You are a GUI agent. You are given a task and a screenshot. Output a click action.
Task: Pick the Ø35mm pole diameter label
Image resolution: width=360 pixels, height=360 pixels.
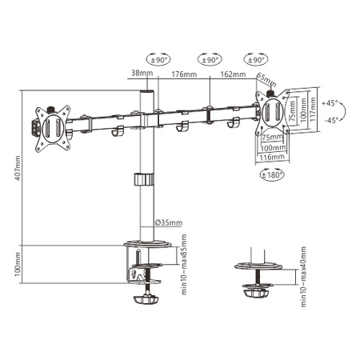169,222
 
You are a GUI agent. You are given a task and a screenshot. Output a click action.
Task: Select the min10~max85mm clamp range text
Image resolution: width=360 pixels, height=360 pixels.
183,264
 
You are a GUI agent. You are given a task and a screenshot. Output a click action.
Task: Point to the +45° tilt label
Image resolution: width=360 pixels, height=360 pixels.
330,104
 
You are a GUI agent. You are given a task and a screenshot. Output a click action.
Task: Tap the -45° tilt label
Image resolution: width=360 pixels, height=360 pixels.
330,122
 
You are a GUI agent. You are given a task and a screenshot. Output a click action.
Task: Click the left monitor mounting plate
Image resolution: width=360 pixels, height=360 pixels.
51,126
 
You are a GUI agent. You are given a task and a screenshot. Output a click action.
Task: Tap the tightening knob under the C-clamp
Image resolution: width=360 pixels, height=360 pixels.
146,302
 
